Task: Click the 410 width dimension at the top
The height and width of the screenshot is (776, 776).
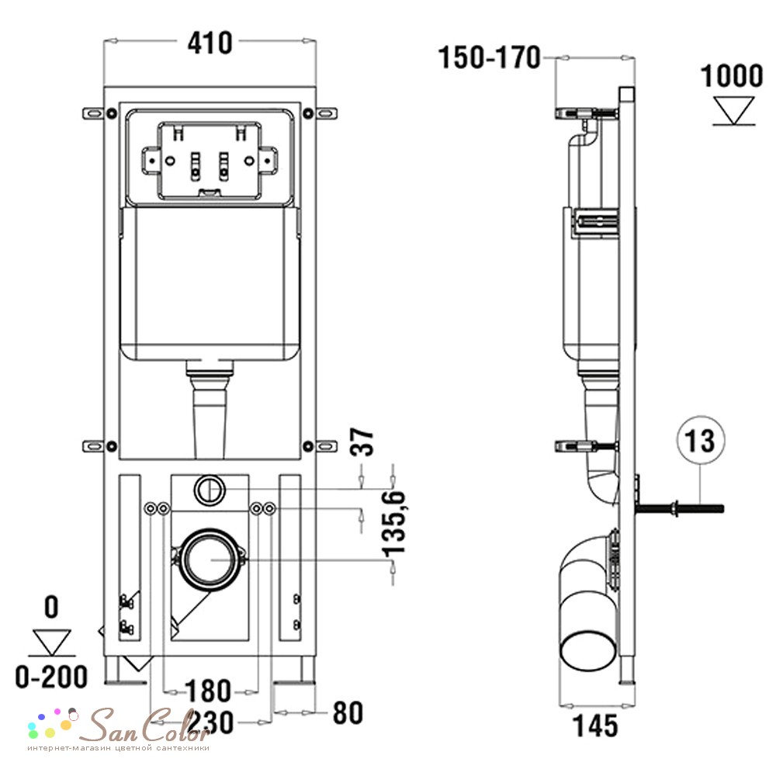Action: coord(210,43)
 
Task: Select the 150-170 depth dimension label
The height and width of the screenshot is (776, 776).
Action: coord(490,57)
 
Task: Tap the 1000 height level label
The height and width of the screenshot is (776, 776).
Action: coord(732,76)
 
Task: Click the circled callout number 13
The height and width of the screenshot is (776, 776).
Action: coord(700,440)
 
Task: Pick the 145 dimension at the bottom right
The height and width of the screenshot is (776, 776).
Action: coord(595,726)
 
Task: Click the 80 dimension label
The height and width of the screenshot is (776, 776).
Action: coord(348,713)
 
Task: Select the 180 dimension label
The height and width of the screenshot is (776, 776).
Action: coord(208,691)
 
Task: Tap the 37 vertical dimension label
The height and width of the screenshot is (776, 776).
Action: coord(362,442)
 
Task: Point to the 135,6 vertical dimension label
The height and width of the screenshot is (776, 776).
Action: coord(394,523)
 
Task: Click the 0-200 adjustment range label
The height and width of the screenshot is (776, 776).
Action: coord(51,677)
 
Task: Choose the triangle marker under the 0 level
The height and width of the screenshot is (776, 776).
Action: coord(52,643)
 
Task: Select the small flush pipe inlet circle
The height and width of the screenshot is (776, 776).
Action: coord(210,490)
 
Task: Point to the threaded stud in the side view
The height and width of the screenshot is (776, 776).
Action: coord(679,508)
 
